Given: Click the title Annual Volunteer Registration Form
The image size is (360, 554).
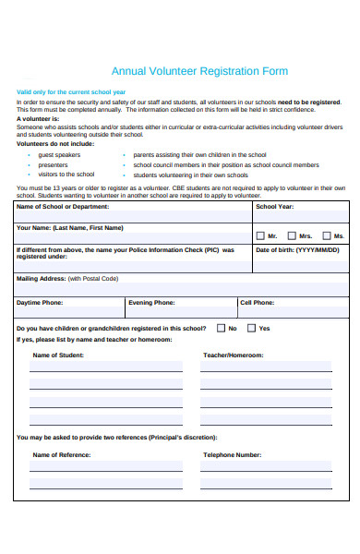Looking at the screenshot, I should pos(199,71).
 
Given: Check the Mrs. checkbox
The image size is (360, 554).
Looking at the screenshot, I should pos(291,235).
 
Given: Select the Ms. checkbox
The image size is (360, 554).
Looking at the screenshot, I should pos(325,235).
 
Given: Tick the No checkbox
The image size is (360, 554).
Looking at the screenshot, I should pos(221,328).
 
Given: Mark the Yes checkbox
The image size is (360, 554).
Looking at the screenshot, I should pos(252,328).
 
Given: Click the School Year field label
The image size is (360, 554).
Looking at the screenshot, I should pos(274,207).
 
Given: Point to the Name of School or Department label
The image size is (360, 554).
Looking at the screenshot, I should pos(65,207).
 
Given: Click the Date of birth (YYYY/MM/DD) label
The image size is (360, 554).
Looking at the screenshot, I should pos(297,250).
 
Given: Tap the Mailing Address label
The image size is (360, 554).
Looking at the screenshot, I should pos(67,278).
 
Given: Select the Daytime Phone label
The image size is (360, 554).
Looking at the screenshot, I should pos(40,302).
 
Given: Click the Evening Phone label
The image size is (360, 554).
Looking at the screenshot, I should pos(151,302).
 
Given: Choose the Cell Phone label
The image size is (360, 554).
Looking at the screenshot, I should pos(257,302).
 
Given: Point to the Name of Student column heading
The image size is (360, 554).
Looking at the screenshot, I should pos(60,355).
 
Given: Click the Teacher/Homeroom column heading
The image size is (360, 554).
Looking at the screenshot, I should pos(233,355).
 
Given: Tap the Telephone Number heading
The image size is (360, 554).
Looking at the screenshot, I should pos(232,454).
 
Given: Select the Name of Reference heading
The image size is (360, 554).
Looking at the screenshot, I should pos(62,454).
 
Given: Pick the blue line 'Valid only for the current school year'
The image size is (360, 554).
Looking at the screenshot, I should pos(71,92).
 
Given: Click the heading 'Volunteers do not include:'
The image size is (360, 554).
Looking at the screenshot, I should pos(55,144).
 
